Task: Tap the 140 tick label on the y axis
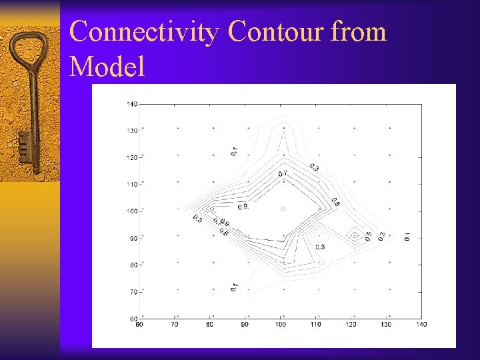click(x=132, y=104)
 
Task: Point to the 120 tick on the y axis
click(x=132, y=157)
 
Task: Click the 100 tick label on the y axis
click(x=132, y=211)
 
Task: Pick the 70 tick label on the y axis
click(x=132, y=292)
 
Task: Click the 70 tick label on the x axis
click(x=175, y=325)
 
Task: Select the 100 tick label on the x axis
click(x=280, y=325)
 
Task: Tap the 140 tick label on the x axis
click(x=421, y=325)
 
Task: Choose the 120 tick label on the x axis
click(x=351, y=325)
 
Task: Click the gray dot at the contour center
click(x=283, y=209)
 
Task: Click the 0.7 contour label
click(x=283, y=174)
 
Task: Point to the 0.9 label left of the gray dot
click(x=243, y=207)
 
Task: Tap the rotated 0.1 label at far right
click(x=407, y=236)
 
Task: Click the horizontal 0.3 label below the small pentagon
click(x=319, y=247)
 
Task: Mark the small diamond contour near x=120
click(x=355, y=235)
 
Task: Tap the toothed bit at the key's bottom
click(x=24, y=148)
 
